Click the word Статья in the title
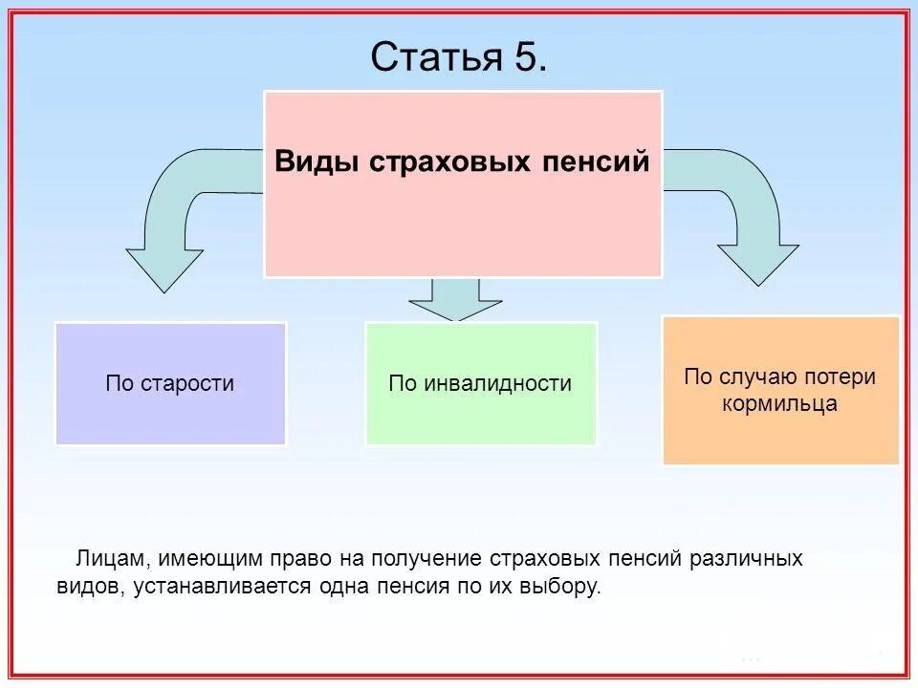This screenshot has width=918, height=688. (x=431, y=57)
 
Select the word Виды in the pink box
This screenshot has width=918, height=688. (x=306, y=161)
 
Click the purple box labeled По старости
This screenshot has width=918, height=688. (x=170, y=384)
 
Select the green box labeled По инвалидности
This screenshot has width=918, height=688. (x=480, y=384)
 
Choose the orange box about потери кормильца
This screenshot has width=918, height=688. (x=780, y=391)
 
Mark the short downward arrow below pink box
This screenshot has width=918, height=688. (x=455, y=301)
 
